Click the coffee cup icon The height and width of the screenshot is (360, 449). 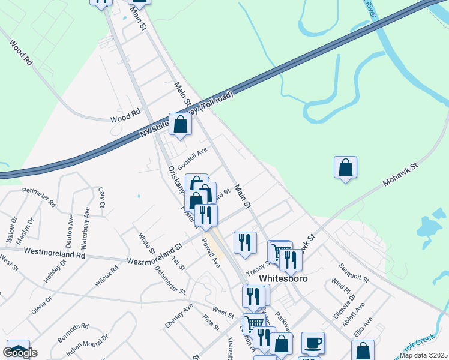coord(313,343)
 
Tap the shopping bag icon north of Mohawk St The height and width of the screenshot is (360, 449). coord(345,167)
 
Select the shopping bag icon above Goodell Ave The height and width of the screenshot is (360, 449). coord(180,124)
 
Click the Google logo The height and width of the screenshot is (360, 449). coord(20,353)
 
